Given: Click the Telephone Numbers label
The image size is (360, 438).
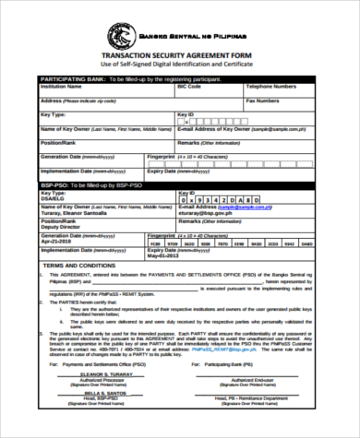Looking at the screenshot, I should [270, 86].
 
